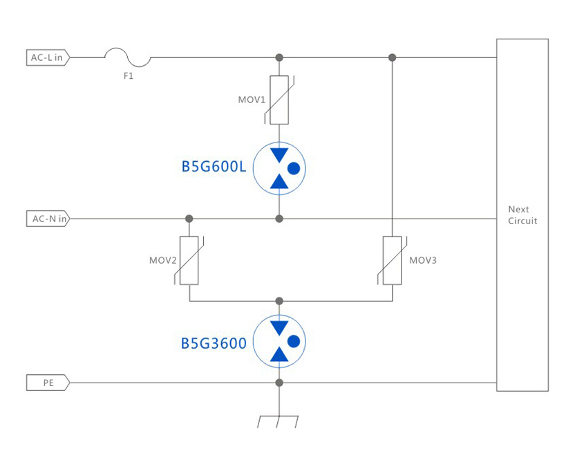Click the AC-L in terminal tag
coord(47,57)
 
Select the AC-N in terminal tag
coord(48,219)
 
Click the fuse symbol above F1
coord(127,57)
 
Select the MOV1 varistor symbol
coord(279,100)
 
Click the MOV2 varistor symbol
coord(189,261)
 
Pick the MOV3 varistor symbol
coord(392,261)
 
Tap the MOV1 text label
coord(252,100)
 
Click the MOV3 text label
coord(423,261)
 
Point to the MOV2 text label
coord(162,261)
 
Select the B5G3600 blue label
coord(214,342)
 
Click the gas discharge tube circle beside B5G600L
coord(279,168)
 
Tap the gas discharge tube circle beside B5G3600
coord(279,341)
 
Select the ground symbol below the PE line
coord(279,420)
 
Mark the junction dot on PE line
coord(279,382)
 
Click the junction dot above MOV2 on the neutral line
coord(189,219)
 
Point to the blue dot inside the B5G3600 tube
coord(294,341)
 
